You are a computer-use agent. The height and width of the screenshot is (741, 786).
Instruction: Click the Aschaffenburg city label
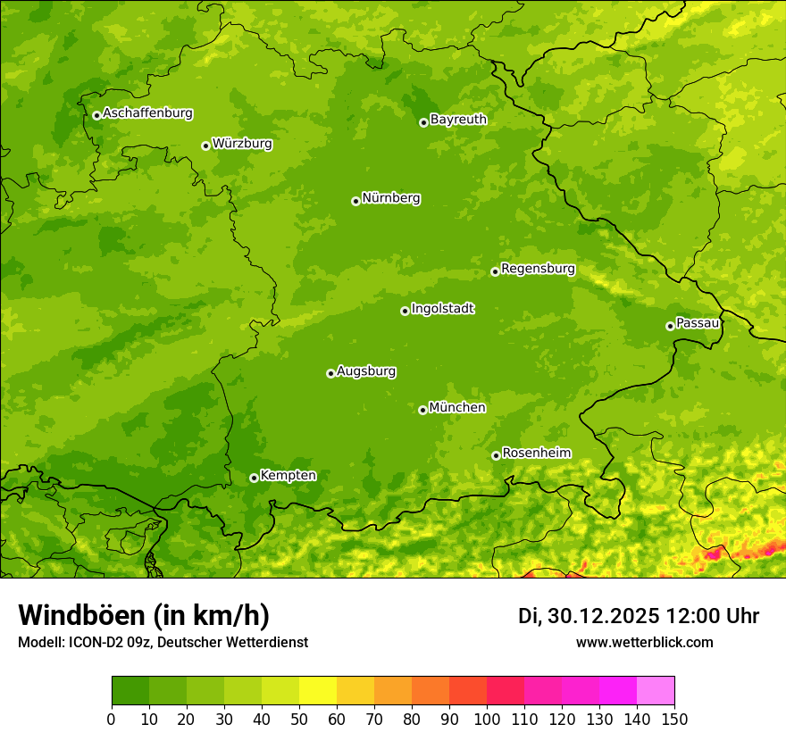pyautogui.click(x=147, y=113)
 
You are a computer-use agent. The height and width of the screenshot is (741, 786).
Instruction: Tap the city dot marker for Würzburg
pyautogui.click(x=205, y=146)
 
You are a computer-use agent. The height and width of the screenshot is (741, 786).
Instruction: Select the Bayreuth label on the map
pyautogui.click(x=458, y=120)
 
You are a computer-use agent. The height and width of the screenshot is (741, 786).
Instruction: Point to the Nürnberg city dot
pyautogui.click(x=355, y=201)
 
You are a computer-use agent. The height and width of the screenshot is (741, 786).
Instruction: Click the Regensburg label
pyautogui.click(x=538, y=269)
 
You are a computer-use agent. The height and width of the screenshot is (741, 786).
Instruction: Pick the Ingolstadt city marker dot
pyautogui.click(x=405, y=311)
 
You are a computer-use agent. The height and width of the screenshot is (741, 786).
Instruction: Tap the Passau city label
pyautogui.click(x=698, y=323)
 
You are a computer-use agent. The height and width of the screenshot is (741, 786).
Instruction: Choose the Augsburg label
pyautogui.click(x=366, y=371)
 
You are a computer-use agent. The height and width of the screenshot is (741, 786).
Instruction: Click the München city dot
pyautogui.click(x=422, y=410)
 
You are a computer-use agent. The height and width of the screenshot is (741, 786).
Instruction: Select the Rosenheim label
pyautogui.click(x=536, y=454)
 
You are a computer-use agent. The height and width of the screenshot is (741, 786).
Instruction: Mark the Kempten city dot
pyautogui.click(x=254, y=478)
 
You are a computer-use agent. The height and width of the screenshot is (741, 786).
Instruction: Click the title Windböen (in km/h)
pyautogui.click(x=144, y=616)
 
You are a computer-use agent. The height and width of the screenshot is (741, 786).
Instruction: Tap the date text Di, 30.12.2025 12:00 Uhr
pyautogui.click(x=639, y=616)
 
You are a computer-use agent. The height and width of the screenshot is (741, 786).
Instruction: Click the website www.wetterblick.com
pyautogui.click(x=644, y=643)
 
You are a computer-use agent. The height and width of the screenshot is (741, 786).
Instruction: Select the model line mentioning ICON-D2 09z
pyautogui.click(x=163, y=643)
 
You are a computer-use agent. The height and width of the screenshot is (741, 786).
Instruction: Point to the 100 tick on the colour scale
pyautogui.click(x=487, y=720)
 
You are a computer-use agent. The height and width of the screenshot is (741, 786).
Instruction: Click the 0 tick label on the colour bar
pyautogui.click(x=112, y=720)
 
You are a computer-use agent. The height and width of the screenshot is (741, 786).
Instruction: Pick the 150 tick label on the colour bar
pyautogui.click(x=674, y=720)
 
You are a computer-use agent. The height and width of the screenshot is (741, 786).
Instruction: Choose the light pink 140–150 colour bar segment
pyautogui.click(x=656, y=691)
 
